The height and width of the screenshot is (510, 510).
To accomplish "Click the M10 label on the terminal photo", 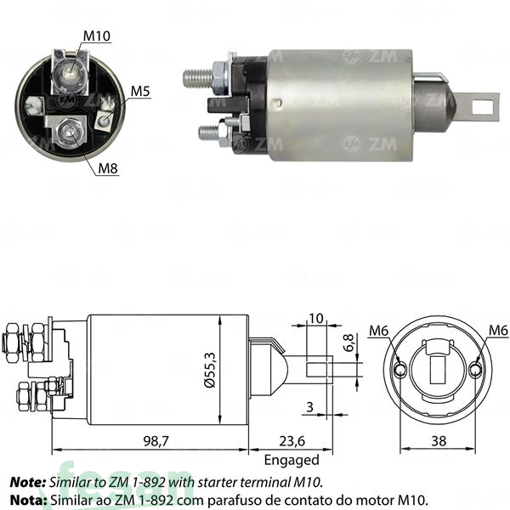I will (96, 36).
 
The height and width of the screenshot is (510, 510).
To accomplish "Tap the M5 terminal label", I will (140, 91).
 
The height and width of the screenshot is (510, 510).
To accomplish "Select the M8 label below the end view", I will (108, 168).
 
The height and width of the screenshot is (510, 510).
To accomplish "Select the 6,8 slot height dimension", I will (348, 343).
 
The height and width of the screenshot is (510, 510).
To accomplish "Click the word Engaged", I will (291, 460).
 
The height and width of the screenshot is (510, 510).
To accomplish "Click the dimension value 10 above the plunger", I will (316, 318).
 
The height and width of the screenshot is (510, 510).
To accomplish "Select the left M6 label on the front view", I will (379, 331).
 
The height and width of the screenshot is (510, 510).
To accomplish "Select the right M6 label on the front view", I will (498, 331).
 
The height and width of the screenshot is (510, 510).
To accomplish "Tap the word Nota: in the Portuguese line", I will (29, 499).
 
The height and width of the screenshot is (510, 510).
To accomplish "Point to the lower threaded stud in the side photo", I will (207, 133).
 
